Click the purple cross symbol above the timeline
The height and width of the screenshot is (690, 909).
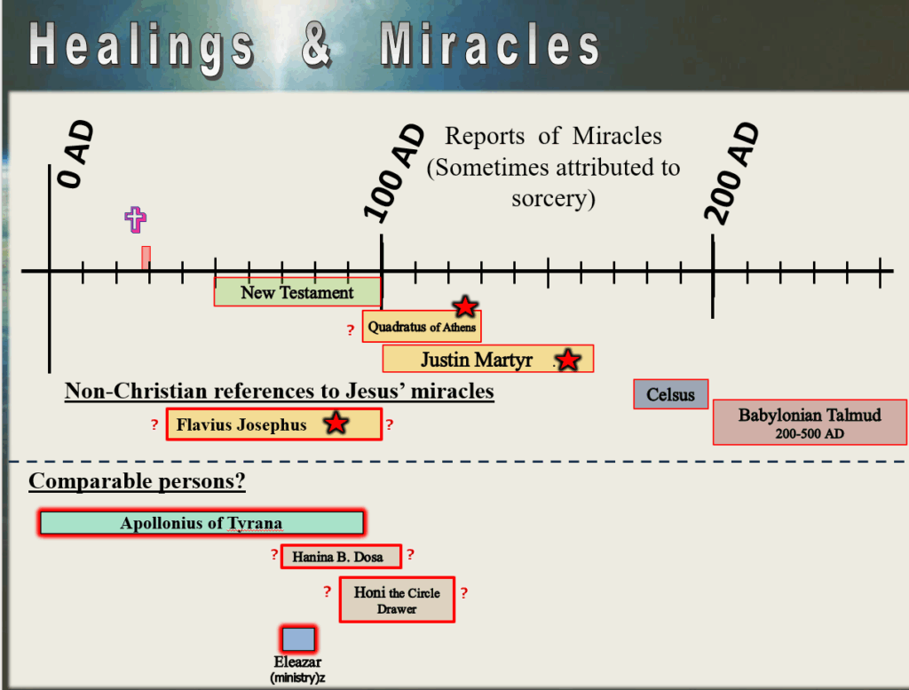(135, 219)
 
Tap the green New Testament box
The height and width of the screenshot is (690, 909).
(297, 292)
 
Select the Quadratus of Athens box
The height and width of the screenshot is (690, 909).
(422, 327)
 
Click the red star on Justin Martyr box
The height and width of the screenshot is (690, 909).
(567, 360)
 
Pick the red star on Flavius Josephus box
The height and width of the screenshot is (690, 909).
(336, 423)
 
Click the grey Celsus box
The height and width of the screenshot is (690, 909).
(671, 394)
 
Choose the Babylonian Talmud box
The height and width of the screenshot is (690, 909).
(810, 422)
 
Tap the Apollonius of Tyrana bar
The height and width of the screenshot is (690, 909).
(202, 523)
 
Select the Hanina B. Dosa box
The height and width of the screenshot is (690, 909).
(341, 557)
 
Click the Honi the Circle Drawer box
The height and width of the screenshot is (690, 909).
(397, 600)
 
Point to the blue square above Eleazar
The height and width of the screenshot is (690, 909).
(298, 639)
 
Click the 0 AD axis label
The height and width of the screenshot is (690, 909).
(75, 155)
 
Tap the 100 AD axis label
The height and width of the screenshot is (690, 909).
(393, 173)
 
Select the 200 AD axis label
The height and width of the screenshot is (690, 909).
(731, 173)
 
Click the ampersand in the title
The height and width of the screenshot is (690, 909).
(317, 44)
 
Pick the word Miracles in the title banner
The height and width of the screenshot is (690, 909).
(490, 44)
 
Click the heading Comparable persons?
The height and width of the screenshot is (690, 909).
(137, 480)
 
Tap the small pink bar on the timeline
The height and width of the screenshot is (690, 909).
(146, 258)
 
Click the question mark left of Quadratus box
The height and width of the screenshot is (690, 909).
(350, 330)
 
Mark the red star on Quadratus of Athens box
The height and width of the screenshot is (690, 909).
(465, 306)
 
